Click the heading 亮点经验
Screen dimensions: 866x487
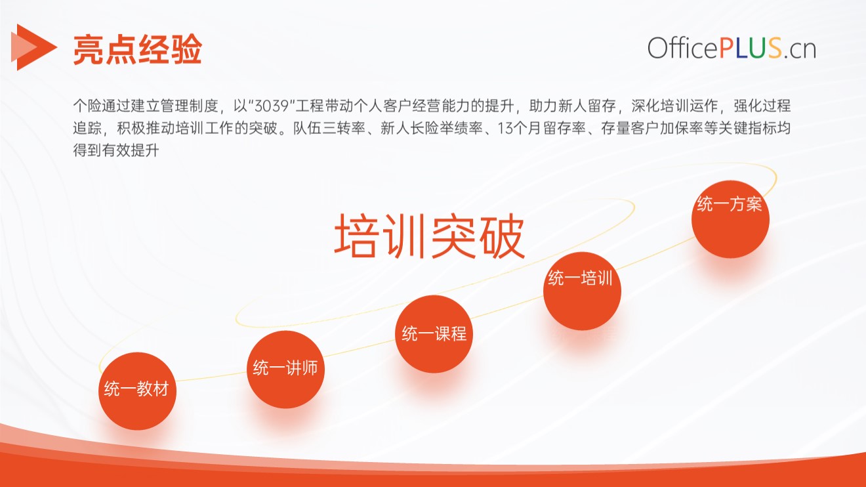tap(138, 49)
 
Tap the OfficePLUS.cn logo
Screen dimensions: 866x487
tap(732, 48)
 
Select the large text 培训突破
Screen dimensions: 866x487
tap(429, 236)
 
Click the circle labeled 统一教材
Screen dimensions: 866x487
tap(137, 391)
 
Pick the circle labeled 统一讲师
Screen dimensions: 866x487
tap(285, 369)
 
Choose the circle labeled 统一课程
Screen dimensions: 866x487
tap(434, 334)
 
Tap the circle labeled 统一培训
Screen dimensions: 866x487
tap(582, 291)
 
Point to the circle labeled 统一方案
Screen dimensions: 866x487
tap(730, 219)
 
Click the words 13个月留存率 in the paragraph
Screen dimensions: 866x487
tap(542, 128)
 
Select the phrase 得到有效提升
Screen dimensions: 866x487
tap(116, 150)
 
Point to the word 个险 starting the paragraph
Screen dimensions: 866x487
tap(87, 106)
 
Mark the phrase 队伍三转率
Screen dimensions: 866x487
tap(329, 128)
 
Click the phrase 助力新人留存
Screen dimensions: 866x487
tap(573, 106)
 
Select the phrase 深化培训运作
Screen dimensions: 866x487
tap(674, 106)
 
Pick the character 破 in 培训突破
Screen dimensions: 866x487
tap(502, 236)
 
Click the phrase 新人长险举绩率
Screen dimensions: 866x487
tap(432, 128)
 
